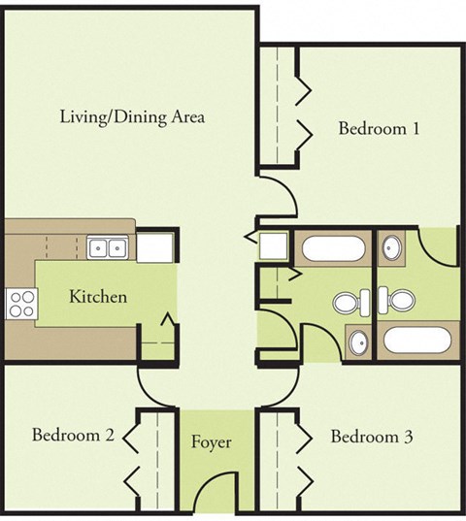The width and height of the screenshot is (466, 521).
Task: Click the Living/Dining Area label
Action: [131, 117]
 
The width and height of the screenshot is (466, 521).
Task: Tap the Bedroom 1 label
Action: [378, 127]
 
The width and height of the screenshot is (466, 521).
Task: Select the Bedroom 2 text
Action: [73, 436]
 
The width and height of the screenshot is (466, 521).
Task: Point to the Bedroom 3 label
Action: [372, 437]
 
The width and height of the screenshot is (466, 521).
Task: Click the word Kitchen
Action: [97, 296]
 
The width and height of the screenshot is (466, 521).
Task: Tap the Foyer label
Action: [211, 443]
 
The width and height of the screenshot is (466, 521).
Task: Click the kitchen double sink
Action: [108, 248]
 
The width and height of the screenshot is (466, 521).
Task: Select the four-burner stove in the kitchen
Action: [19, 303]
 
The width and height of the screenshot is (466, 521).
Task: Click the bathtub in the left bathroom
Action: [333, 251]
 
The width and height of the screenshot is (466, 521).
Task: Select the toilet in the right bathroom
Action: [395, 302]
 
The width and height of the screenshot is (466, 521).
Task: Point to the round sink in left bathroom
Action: [356, 342]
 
